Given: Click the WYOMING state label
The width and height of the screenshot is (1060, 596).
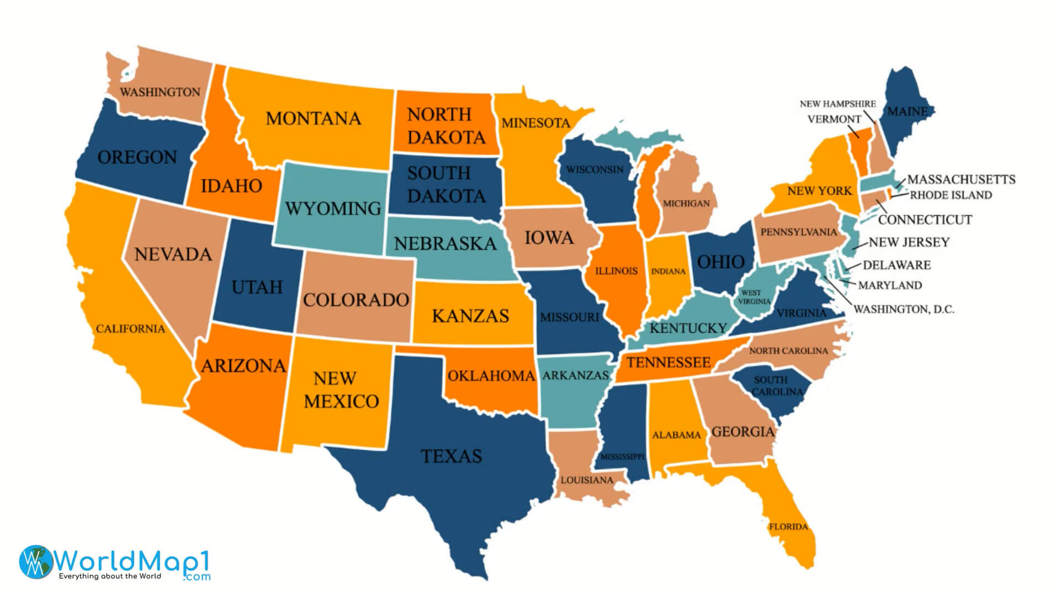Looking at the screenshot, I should coord(333,209).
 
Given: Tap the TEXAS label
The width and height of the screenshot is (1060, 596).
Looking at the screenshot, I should coord(452,456).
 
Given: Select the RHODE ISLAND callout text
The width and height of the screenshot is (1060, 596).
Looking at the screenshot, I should coord(951,195).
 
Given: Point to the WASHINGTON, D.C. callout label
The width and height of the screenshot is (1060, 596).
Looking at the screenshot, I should coord(904,309).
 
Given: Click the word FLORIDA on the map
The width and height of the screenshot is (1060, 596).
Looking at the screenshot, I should coord(788,526).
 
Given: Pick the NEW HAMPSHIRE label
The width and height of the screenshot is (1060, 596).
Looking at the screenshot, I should coord(838,104).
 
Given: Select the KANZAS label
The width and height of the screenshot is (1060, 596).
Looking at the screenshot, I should coord(470,316).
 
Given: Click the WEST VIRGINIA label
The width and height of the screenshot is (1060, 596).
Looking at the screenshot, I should coord(754,297).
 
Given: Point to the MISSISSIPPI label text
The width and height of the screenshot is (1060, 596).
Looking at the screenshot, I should coord(622,457).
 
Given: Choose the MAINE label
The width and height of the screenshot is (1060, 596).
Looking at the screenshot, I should coord(907,111).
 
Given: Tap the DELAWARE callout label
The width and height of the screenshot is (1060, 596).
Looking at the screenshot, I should coord(897,265).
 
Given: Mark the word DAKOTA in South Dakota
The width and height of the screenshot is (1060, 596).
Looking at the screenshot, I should coord(446,196).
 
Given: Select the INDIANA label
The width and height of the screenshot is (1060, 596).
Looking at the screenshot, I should coord(668,272).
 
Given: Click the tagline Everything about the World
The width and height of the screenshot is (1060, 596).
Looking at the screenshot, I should coord(110,576).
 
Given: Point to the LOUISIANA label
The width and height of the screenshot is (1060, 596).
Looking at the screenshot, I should coord(587,480).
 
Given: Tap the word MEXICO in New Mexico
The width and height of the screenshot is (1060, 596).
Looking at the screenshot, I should coord(341,401).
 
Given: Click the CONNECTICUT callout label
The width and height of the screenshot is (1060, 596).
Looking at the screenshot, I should coord(925,220).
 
